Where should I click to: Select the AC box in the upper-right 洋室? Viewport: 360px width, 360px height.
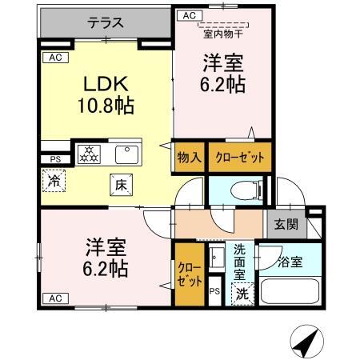click(x=190, y=15)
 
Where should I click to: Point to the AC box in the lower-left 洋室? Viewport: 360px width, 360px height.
click(x=54, y=298)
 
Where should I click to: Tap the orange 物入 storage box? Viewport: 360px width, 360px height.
click(x=189, y=158)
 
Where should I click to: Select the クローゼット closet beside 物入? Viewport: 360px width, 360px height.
click(x=239, y=158)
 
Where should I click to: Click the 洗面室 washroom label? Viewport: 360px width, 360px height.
click(x=240, y=261)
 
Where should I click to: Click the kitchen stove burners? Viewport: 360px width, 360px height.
click(x=87, y=153)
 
